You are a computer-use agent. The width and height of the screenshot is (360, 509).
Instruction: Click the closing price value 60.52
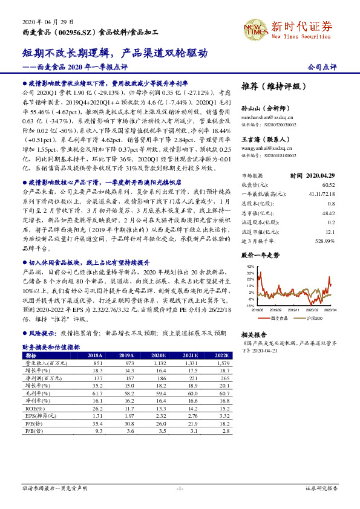(x=329, y=184)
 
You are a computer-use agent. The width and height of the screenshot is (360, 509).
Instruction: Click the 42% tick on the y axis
(x=250, y=266)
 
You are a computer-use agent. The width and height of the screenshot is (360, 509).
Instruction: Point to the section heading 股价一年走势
(x=260, y=256)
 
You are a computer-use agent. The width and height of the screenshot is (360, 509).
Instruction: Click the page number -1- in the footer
(x=180, y=487)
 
